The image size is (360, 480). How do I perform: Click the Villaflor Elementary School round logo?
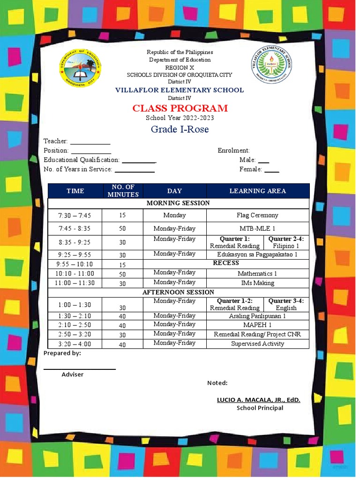[270, 65]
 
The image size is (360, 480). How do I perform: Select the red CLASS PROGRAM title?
[180, 108]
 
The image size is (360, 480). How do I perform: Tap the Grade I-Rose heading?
[180, 129]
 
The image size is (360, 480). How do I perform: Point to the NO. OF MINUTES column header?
[123, 191]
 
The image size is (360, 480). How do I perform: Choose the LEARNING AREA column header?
[257, 191]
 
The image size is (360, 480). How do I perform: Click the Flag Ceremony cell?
[257, 215]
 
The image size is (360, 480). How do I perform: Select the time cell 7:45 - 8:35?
[75, 229]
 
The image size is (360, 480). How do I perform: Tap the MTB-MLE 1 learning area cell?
[257, 229]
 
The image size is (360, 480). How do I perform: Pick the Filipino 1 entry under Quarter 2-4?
[285, 246]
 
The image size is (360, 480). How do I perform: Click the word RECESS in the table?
[226, 263]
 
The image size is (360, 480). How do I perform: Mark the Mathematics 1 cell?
[257, 273]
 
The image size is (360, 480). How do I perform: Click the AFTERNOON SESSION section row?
[178, 292]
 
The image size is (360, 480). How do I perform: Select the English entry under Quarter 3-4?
[286, 308]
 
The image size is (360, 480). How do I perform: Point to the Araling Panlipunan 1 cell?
[257, 316]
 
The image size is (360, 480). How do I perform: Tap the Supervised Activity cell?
[257, 344]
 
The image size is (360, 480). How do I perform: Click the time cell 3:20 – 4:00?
[75, 344]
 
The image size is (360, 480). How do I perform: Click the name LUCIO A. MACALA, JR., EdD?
[258, 400]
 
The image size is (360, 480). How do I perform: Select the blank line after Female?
[271, 170]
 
